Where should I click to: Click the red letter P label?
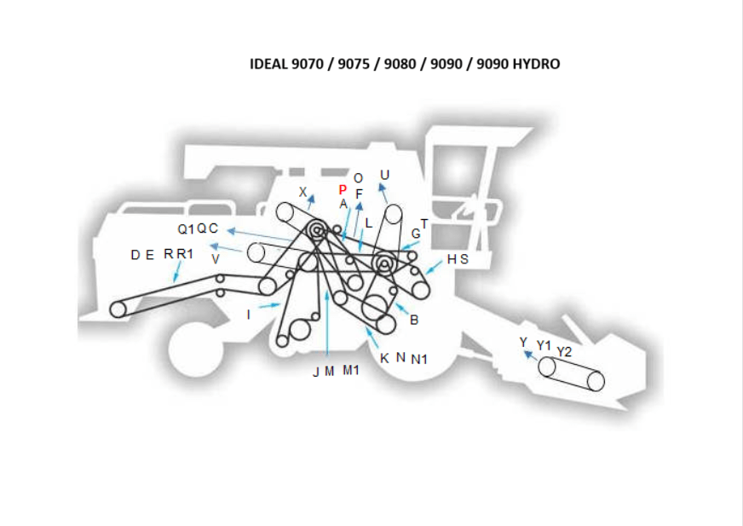click(343, 190)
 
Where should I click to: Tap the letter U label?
click(385, 175)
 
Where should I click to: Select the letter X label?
click(302, 192)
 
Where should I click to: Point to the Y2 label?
click(564, 352)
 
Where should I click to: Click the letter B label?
click(414, 321)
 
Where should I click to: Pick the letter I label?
click(248, 315)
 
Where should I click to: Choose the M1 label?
click(351, 370)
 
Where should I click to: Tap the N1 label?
click(419, 360)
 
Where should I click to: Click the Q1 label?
click(186, 229)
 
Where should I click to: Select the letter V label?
click(216, 259)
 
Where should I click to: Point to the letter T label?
click(424, 223)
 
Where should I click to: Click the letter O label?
click(358, 178)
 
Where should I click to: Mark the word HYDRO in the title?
click(537, 64)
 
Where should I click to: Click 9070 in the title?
click(307, 64)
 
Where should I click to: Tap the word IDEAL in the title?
click(268, 64)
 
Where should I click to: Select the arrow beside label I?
click(269, 305)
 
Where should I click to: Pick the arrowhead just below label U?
click(382, 188)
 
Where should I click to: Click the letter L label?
click(369, 223)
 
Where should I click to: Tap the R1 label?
click(185, 254)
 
